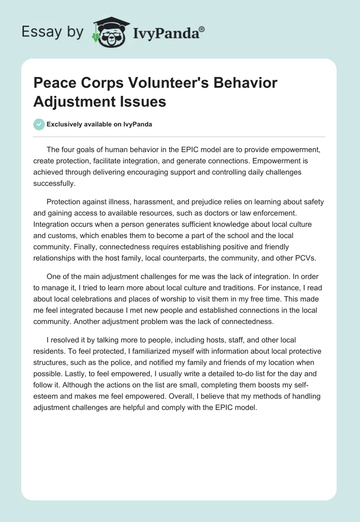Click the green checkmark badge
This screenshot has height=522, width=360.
[39, 124]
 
